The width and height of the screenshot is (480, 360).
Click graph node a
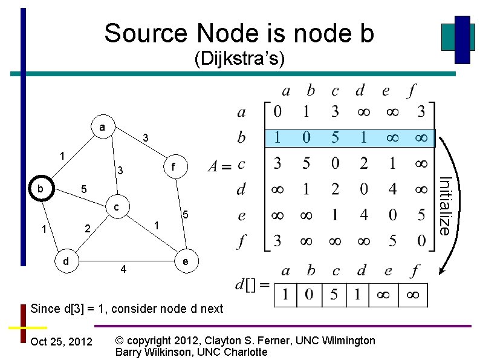(103, 128)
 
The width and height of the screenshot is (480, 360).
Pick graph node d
(65, 261)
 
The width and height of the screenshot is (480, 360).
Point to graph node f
(173, 166)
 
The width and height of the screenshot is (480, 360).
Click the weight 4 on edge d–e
(123, 269)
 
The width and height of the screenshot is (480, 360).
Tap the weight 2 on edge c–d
(88, 229)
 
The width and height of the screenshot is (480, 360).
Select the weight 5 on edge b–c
(84, 190)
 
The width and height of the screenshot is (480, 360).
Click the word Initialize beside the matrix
(444, 206)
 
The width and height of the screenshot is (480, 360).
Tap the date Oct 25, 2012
(61, 342)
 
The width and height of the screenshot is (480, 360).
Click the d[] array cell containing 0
(310, 295)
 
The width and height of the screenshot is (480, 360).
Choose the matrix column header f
(411, 91)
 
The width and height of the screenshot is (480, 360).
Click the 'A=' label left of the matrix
(218, 165)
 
